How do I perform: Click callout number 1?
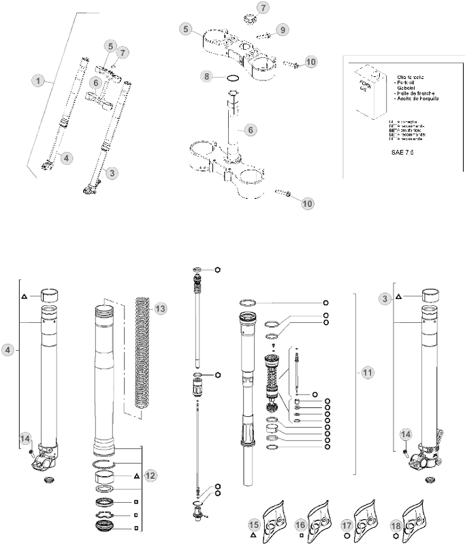pyautogui.click(x=41, y=81)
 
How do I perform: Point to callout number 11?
pyautogui.click(x=368, y=373)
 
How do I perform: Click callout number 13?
pyautogui.click(x=161, y=309)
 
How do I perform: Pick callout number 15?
pyautogui.click(x=254, y=525)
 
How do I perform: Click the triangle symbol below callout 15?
pyautogui.click(x=253, y=536)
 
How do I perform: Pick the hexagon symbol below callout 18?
pyautogui.click(x=395, y=536)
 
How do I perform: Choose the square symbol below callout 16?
pyautogui.click(x=300, y=536)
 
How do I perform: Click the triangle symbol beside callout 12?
pyautogui.click(x=137, y=475)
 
